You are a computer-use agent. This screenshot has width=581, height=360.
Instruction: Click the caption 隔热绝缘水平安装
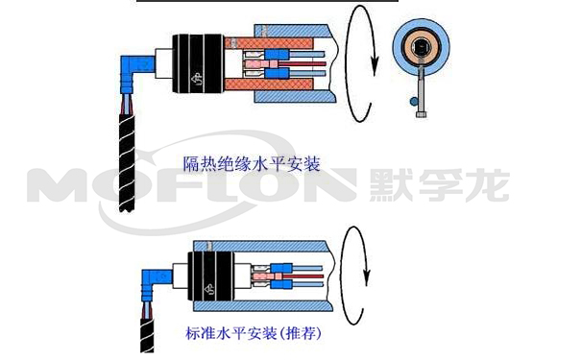(252, 164)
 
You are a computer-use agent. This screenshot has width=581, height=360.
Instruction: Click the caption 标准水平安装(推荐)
(254, 333)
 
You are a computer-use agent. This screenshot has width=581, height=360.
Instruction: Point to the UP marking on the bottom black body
(209, 289)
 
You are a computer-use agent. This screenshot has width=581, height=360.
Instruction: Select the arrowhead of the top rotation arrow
(375, 66)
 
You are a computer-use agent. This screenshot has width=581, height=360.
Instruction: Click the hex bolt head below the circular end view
(422, 114)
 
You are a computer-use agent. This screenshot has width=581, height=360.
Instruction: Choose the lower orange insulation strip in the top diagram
(270, 84)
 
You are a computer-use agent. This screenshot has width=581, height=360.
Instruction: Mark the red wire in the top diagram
(302, 63)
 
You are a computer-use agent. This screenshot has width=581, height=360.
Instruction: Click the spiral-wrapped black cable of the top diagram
(127, 163)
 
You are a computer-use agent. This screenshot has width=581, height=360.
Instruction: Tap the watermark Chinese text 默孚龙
(439, 185)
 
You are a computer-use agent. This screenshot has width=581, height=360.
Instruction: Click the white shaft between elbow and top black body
(164, 63)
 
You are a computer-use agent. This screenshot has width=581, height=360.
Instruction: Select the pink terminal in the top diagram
(261, 63)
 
